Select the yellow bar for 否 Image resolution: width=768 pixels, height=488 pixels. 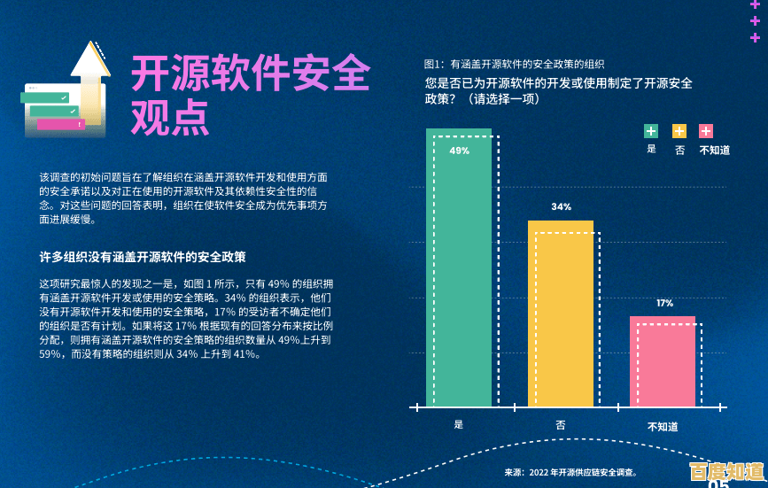(560, 314)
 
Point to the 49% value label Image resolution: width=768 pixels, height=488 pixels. (459, 151)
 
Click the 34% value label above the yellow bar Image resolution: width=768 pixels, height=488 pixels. (561, 206)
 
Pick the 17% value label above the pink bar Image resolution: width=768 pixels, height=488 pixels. (664, 303)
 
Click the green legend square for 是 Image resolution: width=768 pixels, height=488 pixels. (651, 131)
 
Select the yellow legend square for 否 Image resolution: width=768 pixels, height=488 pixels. (679, 131)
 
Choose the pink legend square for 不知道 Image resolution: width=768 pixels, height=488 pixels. (706, 131)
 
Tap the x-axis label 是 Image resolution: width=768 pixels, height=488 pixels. (458, 424)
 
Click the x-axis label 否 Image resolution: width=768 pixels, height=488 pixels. (560, 425)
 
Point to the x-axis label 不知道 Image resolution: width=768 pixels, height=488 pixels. (663, 426)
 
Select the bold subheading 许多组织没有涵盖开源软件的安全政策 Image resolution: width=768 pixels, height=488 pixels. (143, 257)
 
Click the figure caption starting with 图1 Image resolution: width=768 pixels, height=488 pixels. (514, 64)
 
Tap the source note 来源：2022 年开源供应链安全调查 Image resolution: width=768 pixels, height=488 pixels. (570, 473)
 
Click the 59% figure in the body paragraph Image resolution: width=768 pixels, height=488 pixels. (51, 354)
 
